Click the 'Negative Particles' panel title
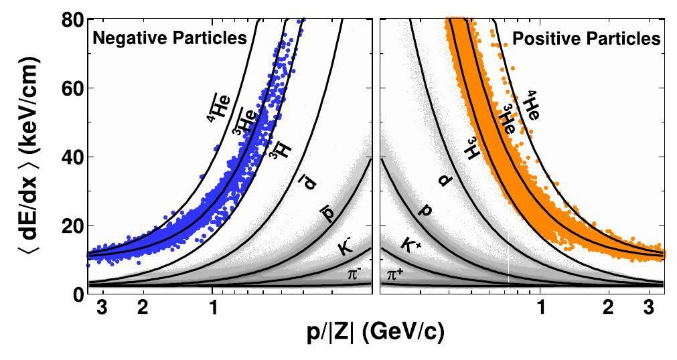point(169,38)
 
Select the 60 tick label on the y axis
point(70,88)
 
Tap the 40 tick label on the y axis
point(70,157)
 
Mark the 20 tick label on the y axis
point(70,226)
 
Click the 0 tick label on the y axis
point(75,294)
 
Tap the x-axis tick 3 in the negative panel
point(102,308)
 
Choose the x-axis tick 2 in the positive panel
point(608,308)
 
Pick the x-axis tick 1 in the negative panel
point(213,308)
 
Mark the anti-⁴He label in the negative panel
point(218,108)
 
